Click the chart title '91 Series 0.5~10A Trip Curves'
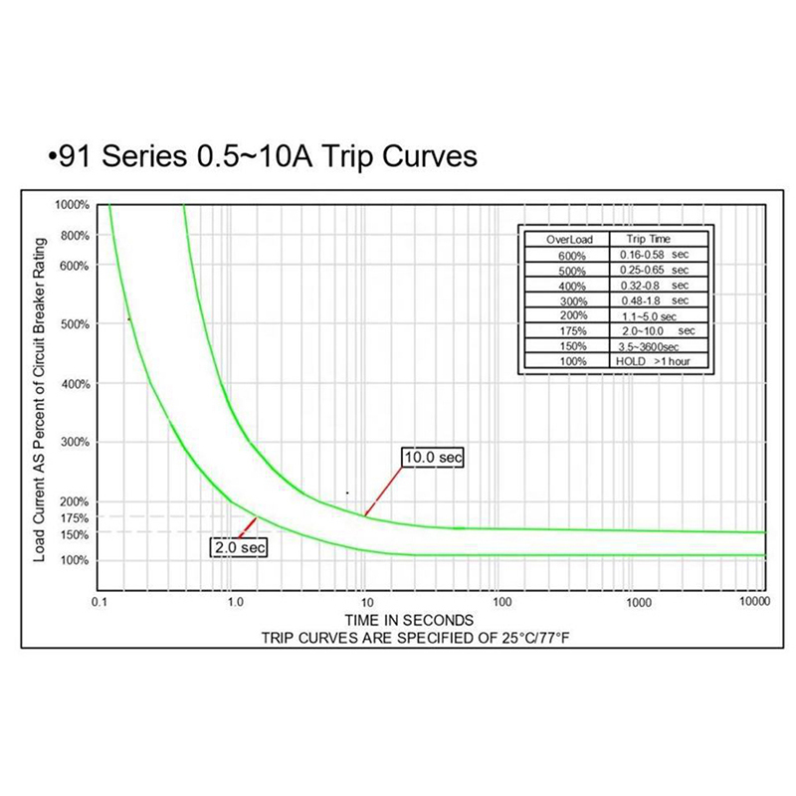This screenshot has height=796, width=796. [263, 157]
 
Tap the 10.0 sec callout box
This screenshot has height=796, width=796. [433, 457]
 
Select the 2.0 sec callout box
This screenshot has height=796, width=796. [239, 546]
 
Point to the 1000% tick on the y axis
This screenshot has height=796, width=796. [73, 205]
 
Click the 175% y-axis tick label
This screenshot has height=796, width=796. [74, 518]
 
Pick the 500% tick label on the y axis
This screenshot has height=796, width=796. [74, 324]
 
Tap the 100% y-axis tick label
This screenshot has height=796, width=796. [74, 561]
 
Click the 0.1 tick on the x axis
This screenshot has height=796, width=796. [99, 603]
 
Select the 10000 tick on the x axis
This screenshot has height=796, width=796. [758, 603]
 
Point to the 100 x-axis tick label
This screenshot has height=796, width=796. [502, 603]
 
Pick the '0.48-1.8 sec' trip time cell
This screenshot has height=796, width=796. [653, 300]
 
